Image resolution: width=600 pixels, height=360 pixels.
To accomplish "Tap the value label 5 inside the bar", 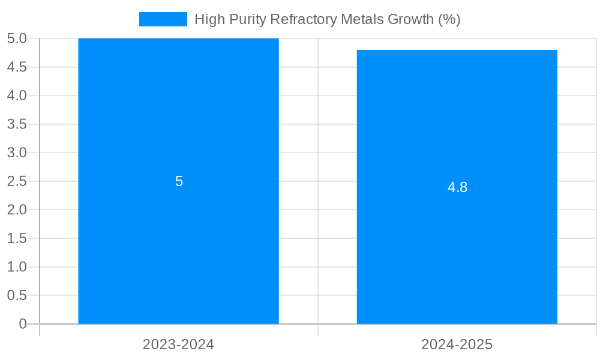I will pos(179,181).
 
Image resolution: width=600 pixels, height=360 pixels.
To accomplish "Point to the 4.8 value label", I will pos(457,187).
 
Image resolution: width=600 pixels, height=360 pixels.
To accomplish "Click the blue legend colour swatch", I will pos(163,19).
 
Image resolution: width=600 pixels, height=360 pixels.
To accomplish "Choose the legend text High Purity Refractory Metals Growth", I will pos(327,19).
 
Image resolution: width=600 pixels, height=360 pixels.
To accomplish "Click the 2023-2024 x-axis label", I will pos(178,344).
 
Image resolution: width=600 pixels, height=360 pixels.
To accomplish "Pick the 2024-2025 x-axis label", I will pos(457,344).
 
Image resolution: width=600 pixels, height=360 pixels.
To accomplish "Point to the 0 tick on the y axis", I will pos(23,324).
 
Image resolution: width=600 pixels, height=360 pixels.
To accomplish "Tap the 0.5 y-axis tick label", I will pos(17,295).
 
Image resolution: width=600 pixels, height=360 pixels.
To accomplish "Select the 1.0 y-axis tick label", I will pos(17,267).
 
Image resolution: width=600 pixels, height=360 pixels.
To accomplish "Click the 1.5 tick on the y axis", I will pos(17,238).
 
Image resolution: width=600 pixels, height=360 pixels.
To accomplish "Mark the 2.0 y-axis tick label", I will pos(17,209).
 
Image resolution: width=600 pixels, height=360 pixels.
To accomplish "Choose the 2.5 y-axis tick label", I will pos(17,181).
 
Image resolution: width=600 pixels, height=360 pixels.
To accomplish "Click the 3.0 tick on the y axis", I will pos(17,152).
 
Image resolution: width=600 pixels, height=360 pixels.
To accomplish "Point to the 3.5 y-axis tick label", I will pos(17,124).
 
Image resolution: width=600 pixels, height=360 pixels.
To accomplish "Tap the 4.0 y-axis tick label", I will pos(17,95).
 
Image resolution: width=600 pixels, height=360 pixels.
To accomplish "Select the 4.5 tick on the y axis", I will pos(17,67).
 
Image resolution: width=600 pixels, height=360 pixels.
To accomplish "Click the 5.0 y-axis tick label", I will pos(17,38).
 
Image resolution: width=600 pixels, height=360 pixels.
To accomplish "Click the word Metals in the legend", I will pos(362,19).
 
